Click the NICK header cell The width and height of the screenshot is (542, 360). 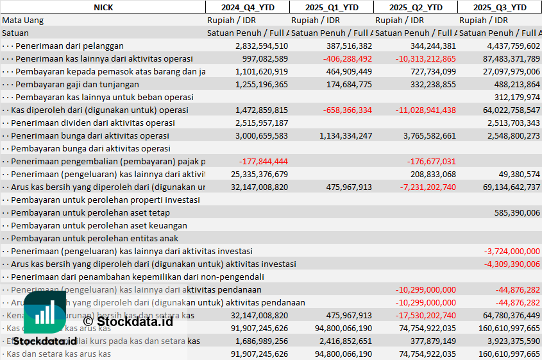pos(103,7)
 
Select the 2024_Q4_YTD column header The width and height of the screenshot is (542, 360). pos(247,7)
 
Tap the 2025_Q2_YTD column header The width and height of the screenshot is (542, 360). pos(416,7)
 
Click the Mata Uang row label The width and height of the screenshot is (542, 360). pos(23,20)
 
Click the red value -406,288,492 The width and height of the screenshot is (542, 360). pos(339,58)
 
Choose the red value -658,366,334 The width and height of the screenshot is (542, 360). pos(339,110)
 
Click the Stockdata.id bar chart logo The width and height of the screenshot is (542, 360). pos(45,314)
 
